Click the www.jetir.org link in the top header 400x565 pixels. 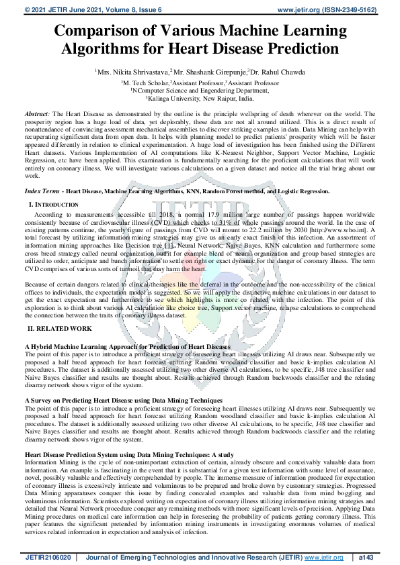click(x=301, y=10)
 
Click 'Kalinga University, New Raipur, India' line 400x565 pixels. click(x=200, y=97)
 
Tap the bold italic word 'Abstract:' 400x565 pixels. click(x=36, y=116)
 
